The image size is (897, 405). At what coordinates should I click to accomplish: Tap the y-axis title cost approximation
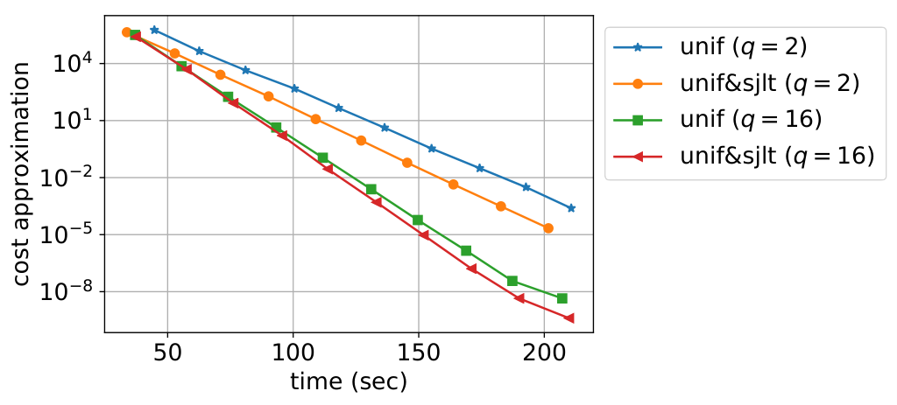[x=22, y=174]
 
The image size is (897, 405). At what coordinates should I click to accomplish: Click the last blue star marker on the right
[x=571, y=208]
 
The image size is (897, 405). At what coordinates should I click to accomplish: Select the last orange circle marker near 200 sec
[x=548, y=228]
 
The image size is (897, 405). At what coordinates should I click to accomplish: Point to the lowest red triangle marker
[x=569, y=318]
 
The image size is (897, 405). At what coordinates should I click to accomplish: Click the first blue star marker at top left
[x=154, y=30]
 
